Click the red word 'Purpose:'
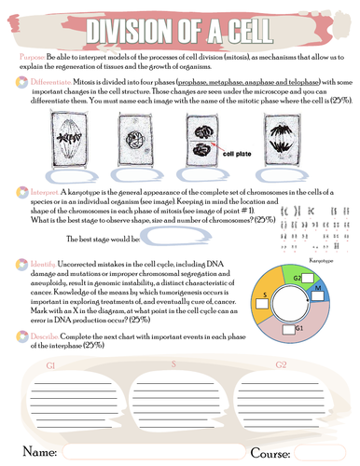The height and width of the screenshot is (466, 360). [34, 58]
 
